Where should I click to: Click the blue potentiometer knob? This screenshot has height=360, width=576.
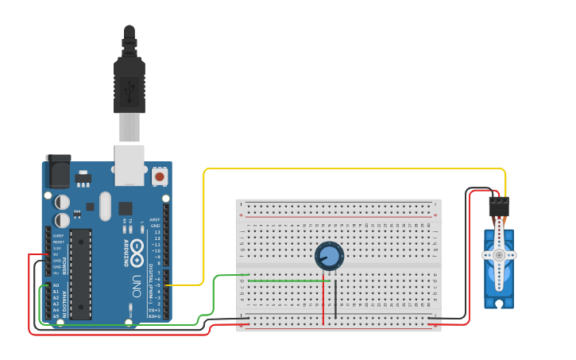point(329,256)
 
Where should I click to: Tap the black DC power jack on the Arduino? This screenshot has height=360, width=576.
point(58,171)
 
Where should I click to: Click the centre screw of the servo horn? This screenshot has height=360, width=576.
point(499,255)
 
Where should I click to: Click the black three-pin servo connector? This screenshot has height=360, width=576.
point(498,207)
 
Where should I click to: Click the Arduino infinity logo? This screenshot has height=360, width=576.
point(137,248)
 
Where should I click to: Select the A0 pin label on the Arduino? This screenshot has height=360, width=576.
point(56,285)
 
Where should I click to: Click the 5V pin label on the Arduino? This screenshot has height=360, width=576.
point(56,254)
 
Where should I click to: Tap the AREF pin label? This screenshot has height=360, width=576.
point(155,219)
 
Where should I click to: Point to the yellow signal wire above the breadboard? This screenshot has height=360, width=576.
point(354,168)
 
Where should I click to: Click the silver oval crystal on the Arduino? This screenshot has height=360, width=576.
point(106,206)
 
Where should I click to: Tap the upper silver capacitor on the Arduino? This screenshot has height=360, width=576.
point(62,202)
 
